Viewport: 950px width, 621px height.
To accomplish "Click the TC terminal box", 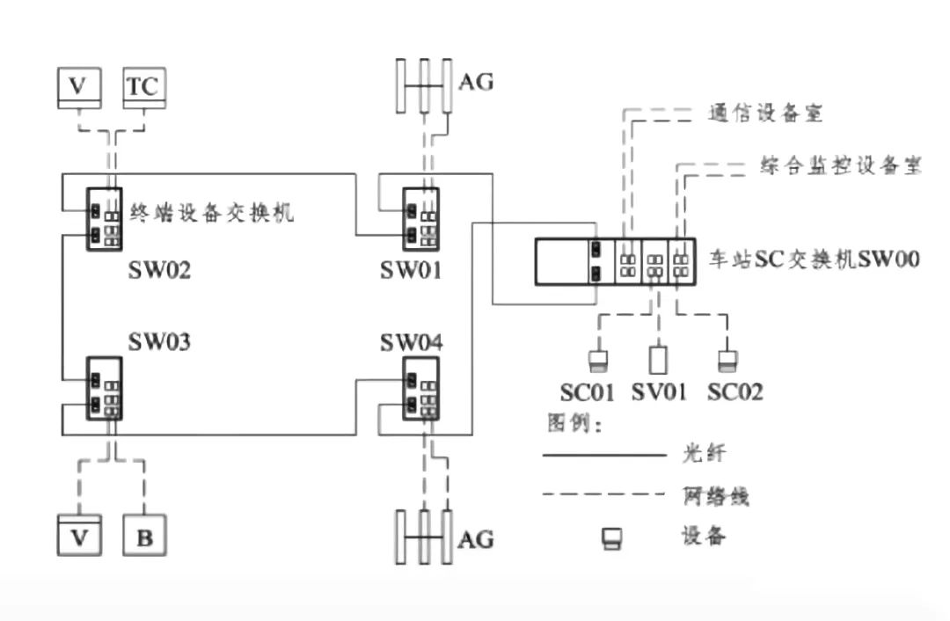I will (144, 87).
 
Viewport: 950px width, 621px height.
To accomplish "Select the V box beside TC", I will (79, 87).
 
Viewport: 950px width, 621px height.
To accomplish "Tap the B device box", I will (144, 537).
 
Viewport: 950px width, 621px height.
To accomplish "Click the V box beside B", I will (79, 537).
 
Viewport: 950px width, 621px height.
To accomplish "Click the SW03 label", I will (159, 340).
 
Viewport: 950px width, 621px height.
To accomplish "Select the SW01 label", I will (411, 269).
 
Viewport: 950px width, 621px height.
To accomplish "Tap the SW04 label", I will (412, 340).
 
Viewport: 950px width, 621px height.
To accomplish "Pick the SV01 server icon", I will (658, 360).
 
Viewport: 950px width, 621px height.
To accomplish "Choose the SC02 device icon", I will (727, 360).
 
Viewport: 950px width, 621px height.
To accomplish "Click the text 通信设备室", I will (764, 113).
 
